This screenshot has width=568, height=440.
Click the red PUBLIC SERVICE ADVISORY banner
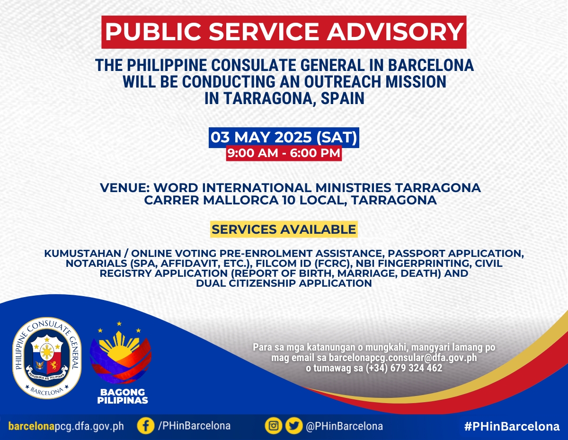click(284, 32)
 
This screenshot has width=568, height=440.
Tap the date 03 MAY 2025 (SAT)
click(284, 137)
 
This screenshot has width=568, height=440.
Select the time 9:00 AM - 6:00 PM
click(284, 153)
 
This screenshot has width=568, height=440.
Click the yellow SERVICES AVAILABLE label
click(284, 229)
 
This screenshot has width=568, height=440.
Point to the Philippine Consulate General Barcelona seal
click(47, 358)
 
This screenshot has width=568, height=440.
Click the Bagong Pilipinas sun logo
click(121, 353)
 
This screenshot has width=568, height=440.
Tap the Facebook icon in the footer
click(146, 426)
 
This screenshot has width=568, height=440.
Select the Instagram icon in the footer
click(274, 426)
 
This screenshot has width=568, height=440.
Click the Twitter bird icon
click(294, 426)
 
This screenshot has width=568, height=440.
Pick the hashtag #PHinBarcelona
click(512, 426)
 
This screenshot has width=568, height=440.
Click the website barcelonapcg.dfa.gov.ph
click(66, 426)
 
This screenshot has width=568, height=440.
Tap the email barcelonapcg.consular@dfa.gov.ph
click(403, 358)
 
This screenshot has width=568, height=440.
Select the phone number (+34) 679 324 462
click(404, 368)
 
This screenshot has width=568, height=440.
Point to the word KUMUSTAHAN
click(83, 254)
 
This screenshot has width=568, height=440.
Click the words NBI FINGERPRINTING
click(413, 264)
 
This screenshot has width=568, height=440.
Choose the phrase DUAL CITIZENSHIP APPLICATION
click(284, 283)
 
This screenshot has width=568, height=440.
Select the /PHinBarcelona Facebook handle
click(194, 426)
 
